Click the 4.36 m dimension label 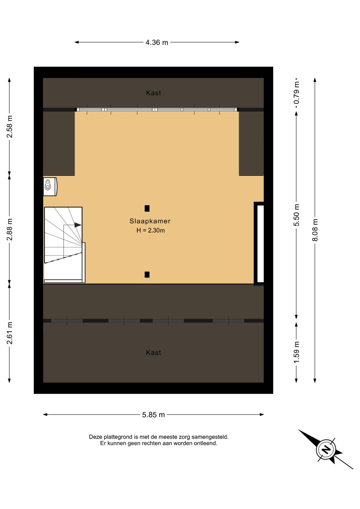(x=157, y=42)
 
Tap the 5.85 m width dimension (x=153, y=415)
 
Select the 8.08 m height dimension (x=315, y=230)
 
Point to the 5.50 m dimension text (x=296, y=215)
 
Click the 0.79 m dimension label (x=296, y=93)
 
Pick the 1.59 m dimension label (x=296, y=352)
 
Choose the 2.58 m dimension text (x=10, y=126)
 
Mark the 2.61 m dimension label (x=10, y=333)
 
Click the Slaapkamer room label (x=150, y=221)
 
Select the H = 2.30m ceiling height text (x=150, y=230)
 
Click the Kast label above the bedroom (x=154, y=93)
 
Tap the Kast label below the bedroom (x=154, y=353)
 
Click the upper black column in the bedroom (x=147, y=208)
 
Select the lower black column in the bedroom (x=147, y=275)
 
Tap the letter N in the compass (x=326, y=450)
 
